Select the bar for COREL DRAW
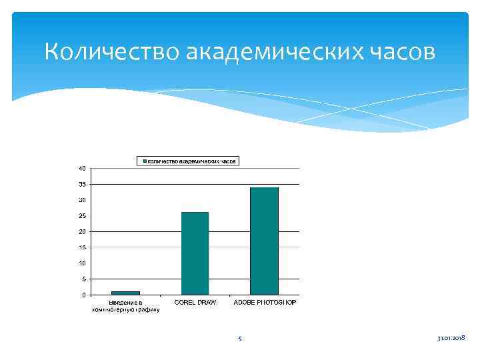[x=195, y=253]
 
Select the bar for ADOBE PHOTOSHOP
[x=264, y=241]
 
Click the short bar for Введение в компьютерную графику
[x=125, y=293]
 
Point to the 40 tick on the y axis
[x=81, y=167]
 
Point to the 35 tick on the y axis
[x=81, y=183]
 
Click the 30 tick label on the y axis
[x=81, y=199]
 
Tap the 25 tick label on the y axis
[x=81, y=215]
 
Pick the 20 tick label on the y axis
[x=81, y=231]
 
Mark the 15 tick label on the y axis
[x=81, y=247]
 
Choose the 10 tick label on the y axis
[x=81, y=263]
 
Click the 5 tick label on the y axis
[x=83, y=279]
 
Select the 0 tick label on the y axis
[x=83, y=295]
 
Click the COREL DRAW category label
[x=195, y=303]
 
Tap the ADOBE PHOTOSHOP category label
[x=265, y=303]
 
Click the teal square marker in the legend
[x=143, y=161]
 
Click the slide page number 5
[x=240, y=339]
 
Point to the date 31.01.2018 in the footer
[x=451, y=339]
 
